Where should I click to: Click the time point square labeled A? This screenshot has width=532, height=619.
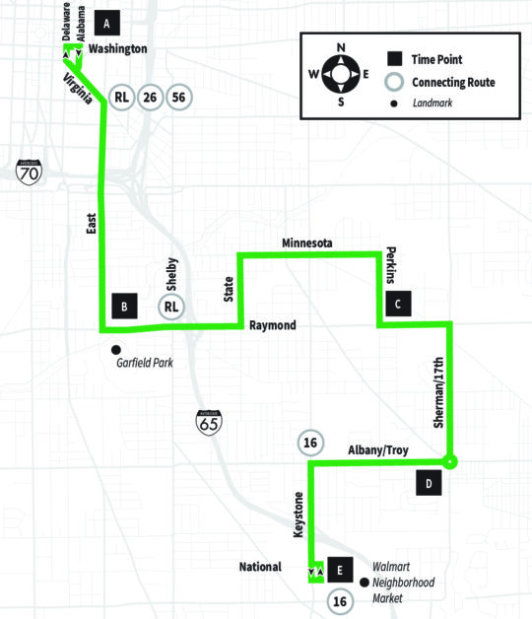(107, 24)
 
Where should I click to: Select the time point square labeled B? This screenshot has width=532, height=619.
(125, 306)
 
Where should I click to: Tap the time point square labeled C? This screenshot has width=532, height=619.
(398, 304)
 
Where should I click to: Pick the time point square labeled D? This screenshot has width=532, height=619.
(429, 483)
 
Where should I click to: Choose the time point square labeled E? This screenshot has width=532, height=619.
(340, 570)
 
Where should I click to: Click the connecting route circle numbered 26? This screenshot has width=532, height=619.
(150, 98)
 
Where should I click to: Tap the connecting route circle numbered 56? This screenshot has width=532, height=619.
(178, 98)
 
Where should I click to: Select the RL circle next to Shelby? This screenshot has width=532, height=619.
(171, 307)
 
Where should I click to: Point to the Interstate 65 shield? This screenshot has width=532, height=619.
(209, 423)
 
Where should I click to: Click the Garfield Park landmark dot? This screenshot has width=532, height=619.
(116, 349)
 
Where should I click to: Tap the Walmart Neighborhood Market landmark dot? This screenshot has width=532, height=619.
(365, 583)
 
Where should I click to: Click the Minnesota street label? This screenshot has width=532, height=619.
(307, 242)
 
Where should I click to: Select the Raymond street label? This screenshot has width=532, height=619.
(273, 325)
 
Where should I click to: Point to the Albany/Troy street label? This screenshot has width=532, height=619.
(378, 450)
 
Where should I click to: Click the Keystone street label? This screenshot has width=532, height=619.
(299, 515)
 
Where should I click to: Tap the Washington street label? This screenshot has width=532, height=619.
(117, 48)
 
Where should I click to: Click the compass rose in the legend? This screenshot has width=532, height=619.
(341, 74)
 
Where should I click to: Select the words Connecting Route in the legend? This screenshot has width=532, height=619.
(453, 82)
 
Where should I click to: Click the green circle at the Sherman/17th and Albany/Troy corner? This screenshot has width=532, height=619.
(449, 461)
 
